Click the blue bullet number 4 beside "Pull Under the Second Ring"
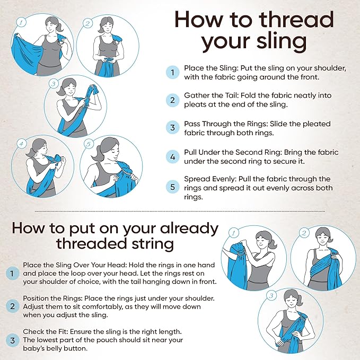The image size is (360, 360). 172,157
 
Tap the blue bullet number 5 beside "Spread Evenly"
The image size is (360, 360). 172,186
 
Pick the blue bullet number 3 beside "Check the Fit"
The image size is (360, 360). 12,340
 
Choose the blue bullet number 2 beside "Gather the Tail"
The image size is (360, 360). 172,100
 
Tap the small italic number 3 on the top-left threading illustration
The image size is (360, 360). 54,83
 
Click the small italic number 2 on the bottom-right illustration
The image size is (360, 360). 304,232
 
